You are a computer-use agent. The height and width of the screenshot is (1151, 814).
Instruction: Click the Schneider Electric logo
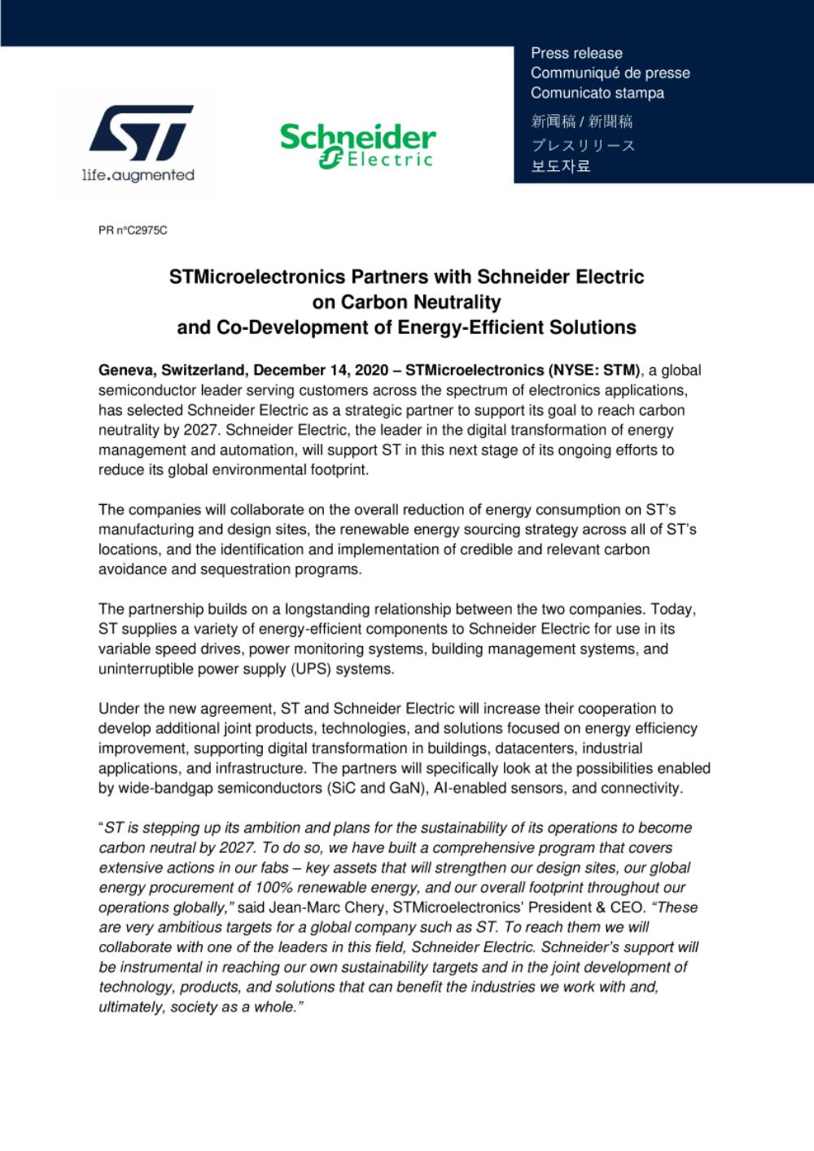(357, 146)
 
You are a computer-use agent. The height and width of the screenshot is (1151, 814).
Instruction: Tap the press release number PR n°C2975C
(133, 231)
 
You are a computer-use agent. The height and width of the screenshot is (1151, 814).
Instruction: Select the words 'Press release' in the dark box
(576, 53)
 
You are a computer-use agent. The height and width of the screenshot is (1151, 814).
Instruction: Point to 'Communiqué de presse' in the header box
(610, 73)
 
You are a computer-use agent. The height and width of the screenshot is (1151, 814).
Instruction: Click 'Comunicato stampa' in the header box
(597, 93)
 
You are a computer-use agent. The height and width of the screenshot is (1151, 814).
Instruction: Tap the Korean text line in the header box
(561, 166)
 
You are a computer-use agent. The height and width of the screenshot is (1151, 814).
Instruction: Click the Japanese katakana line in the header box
(583, 146)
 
